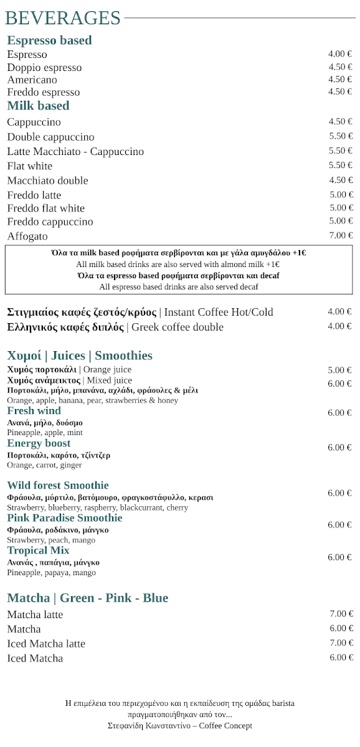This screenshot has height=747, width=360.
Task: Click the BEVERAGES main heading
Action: point(62,18)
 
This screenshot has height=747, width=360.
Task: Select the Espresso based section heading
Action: point(49,40)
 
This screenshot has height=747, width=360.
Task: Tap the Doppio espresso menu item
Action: point(44,67)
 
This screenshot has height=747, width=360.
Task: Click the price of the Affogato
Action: point(341,235)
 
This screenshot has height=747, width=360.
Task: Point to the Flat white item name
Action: point(30,166)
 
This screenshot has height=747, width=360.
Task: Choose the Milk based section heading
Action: point(38,106)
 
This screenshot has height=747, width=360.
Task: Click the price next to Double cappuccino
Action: point(341,136)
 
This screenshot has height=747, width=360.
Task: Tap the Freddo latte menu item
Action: point(34,195)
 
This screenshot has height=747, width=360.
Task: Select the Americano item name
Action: point(32,80)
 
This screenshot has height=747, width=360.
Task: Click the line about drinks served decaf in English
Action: point(179,287)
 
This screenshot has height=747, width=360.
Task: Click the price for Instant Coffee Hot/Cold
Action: point(339,312)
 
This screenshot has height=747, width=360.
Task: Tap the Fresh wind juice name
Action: point(34,411)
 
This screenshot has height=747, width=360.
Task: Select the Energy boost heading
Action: point(39,443)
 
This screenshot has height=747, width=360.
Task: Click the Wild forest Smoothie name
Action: point(58,486)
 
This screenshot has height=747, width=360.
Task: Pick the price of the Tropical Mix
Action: point(339,557)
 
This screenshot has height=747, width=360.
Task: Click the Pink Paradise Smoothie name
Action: point(65,518)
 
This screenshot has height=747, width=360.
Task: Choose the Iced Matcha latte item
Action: point(46,644)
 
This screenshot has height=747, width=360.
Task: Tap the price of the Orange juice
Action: point(339,370)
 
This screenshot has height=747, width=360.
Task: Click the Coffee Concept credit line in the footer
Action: point(180,726)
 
